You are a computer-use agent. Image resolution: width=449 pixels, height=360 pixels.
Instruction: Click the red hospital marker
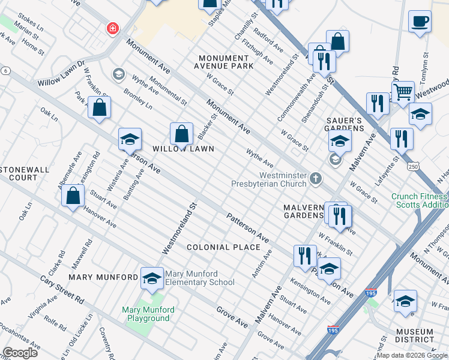click(x=112, y=28)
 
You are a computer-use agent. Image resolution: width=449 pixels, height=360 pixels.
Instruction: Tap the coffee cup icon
click(x=420, y=22)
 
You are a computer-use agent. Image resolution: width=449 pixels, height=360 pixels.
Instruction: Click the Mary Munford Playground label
click(x=148, y=314)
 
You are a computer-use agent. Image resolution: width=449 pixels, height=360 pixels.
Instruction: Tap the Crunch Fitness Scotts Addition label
click(x=419, y=200)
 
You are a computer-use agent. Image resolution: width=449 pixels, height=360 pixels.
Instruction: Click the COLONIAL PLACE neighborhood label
click(x=223, y=247)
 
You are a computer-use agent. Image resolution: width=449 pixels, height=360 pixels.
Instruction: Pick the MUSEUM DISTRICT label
click(x=415, y=336)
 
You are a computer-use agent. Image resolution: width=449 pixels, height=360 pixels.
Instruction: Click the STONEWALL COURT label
click(x=25, y=173)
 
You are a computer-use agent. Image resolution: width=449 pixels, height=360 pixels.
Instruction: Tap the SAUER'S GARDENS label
click(x=345, y=124)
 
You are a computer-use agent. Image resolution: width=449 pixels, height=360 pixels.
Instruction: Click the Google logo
click(x=20, y=353)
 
